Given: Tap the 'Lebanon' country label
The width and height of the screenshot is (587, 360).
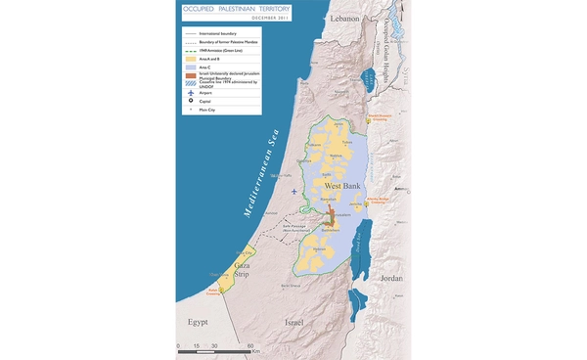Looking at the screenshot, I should (x=344, y=19).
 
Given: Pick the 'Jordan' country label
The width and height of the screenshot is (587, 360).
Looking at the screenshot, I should (x=389, y=278).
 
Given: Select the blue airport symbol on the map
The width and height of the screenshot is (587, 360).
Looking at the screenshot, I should (x=294, y=191).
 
